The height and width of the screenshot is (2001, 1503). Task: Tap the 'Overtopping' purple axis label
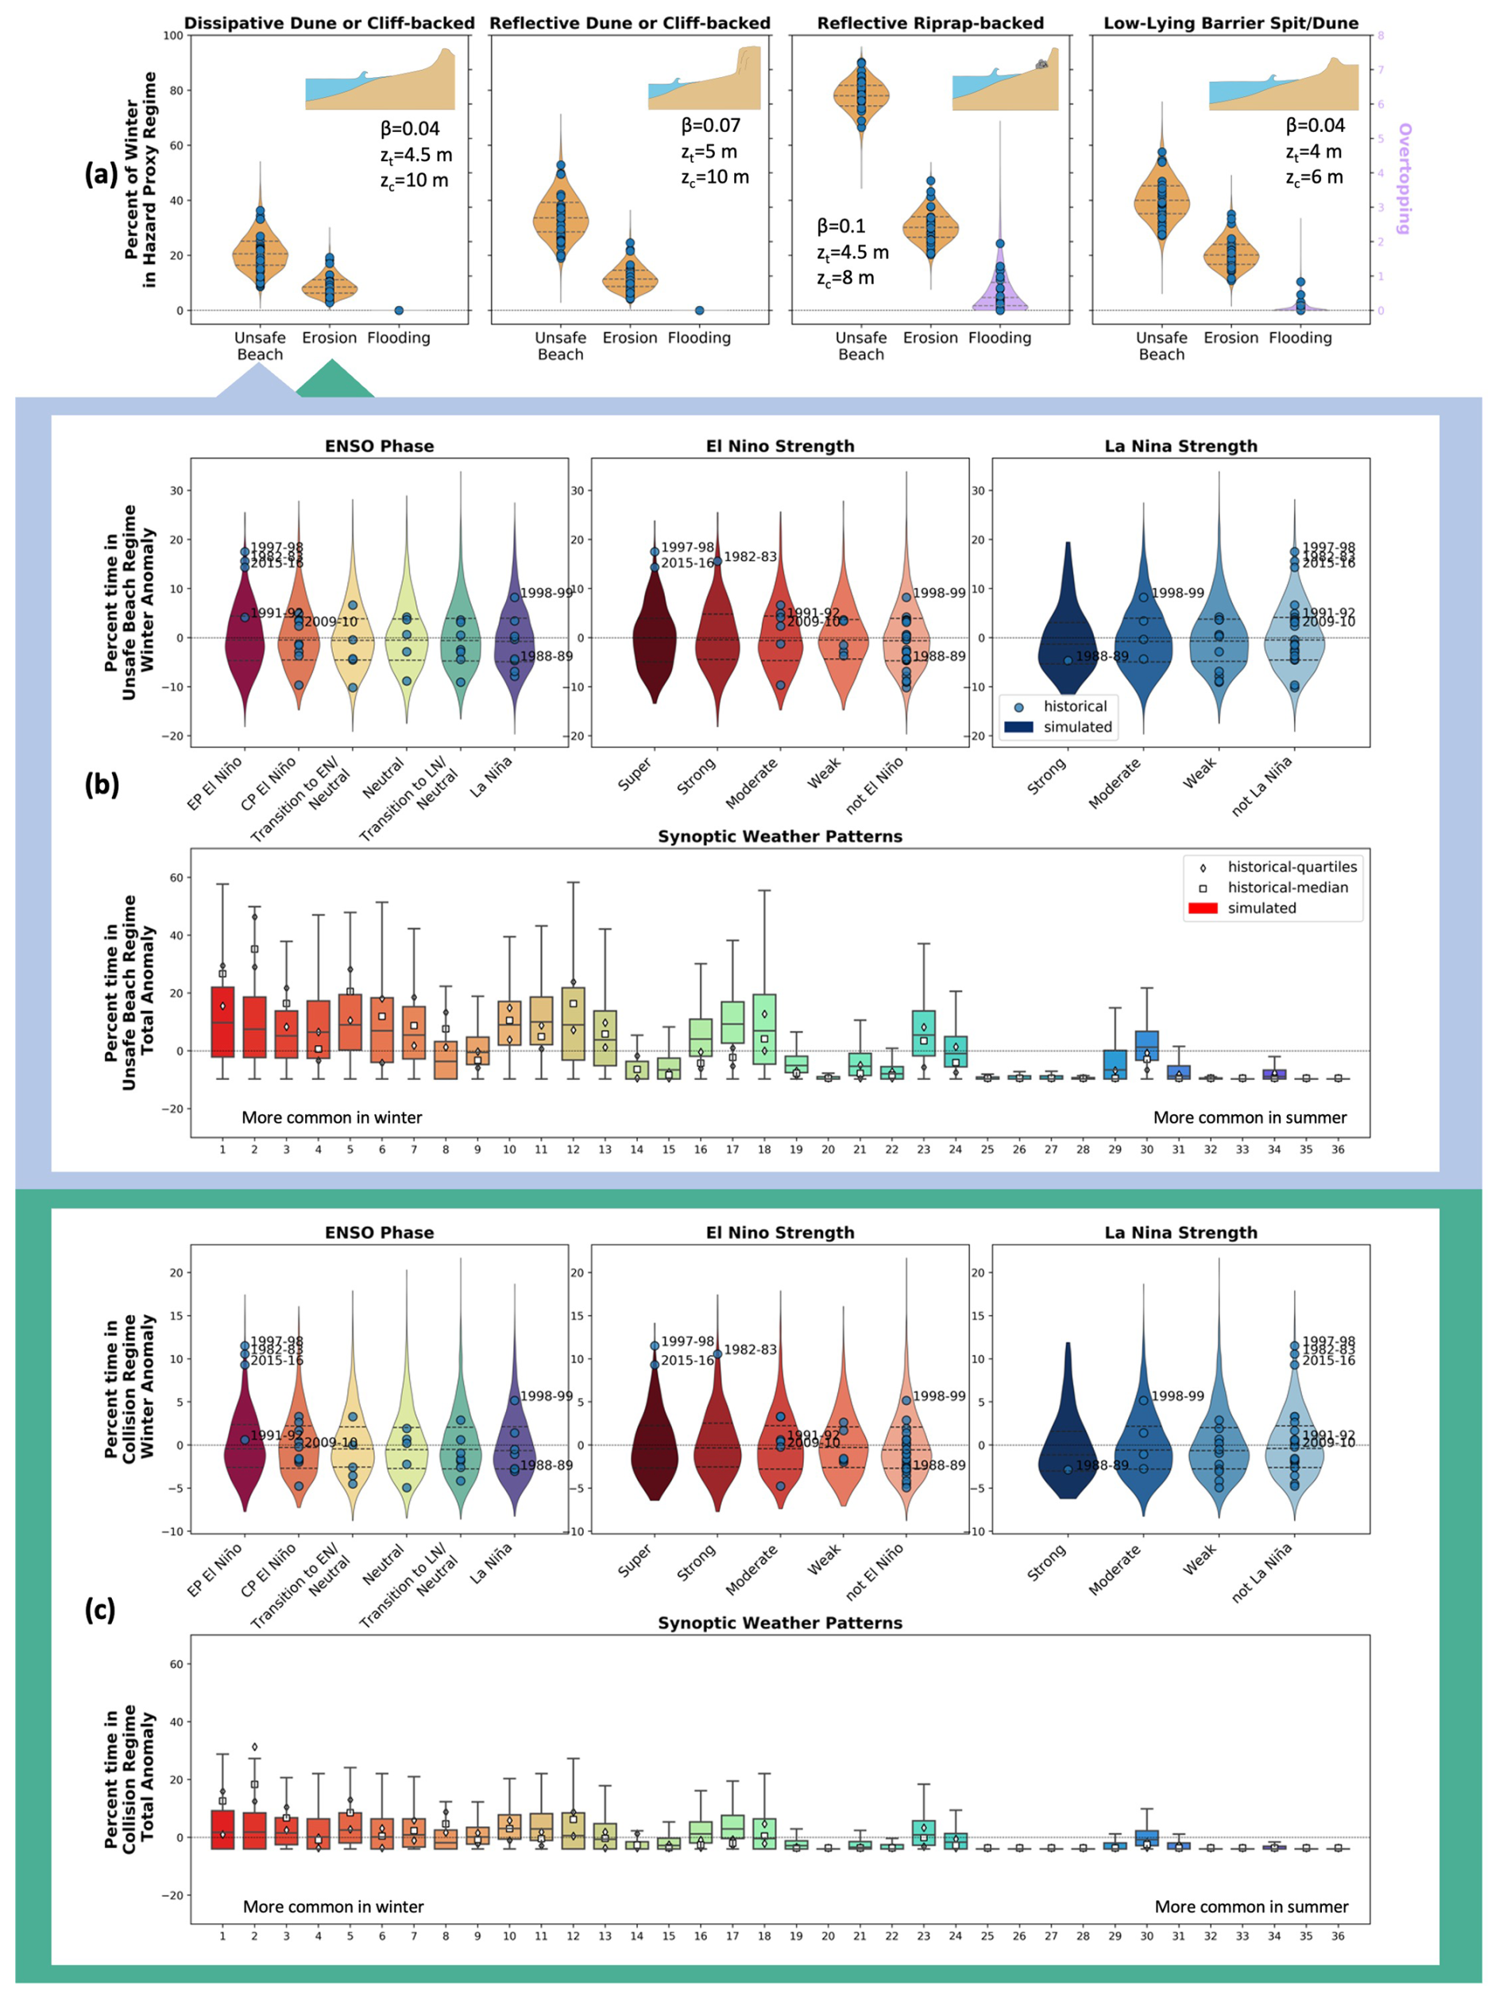(1404, 178)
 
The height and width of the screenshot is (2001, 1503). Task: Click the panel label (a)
(100, 172)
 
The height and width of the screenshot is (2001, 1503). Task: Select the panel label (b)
(101, 784)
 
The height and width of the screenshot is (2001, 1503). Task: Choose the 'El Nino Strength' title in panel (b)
(779, 446)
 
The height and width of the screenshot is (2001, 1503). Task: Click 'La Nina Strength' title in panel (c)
(1180, 1232)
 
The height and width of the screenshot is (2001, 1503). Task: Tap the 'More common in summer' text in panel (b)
(1249, 1117)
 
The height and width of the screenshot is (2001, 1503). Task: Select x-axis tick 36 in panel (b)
(1338, 1149)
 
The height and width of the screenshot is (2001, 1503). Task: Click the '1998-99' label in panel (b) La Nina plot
(1177, 594)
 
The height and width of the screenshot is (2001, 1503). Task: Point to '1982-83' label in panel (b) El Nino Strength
(750, 556)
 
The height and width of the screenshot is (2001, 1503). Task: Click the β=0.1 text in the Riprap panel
(841, 226)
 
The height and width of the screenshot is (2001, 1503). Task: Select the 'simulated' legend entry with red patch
(1262, 908)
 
